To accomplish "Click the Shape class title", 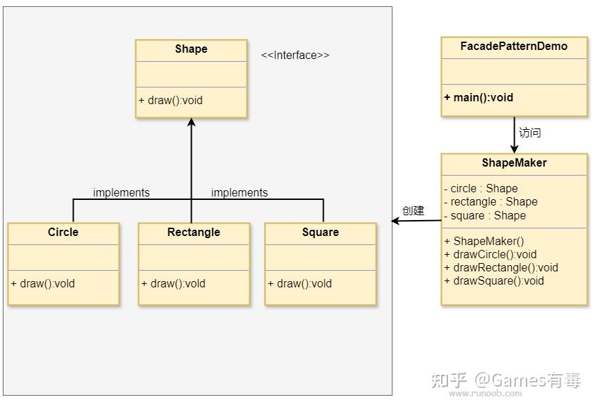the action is click(191, 49).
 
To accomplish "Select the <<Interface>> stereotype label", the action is click(295, 56).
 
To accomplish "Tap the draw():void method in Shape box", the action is click(171, 100).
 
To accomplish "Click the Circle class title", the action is click(63, 232).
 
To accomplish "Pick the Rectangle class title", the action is click(194, 232).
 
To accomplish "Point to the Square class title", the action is click(320, 232).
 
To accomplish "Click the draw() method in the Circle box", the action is click(43, 284).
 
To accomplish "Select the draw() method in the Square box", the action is click(300, 284).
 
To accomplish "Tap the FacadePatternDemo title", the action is click(514, 47).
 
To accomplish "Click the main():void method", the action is click(479, 98).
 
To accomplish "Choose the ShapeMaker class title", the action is click(514, 163).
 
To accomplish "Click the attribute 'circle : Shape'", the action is click(481, 188).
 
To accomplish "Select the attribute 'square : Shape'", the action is click(485, 216).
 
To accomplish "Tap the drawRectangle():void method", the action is click(502, 268).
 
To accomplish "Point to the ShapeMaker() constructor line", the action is click(484, 241).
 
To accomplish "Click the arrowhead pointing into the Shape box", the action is click(191, 121).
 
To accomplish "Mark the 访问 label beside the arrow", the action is click(530, 133).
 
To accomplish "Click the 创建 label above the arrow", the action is click(413, 210).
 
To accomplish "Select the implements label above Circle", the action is click(122, 192).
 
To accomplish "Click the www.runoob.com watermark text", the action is click(486, 394).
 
